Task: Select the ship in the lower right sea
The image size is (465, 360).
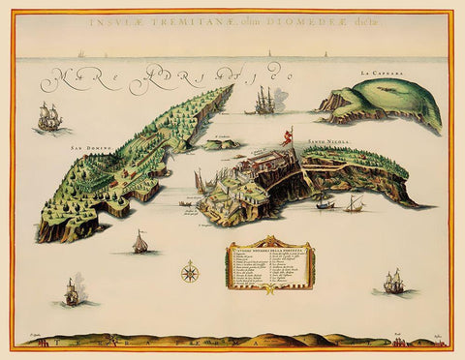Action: (x=392, y=282)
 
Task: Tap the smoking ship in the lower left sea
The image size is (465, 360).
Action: (x=70, y=289)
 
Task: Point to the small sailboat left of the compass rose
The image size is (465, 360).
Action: (x=140, y=242)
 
